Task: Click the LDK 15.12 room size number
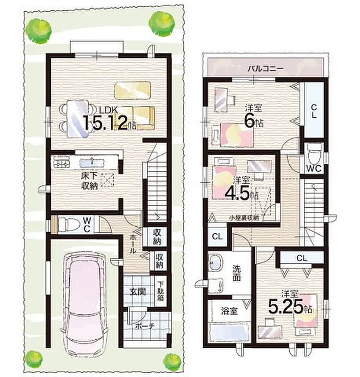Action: point(109,123)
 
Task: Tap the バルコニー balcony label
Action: point(266,69)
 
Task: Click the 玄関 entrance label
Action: point(137,292)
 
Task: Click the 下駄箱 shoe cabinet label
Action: point(160,291)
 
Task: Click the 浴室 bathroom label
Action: point(229,311)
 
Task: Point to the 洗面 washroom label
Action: point(236,273)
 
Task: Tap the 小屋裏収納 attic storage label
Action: point(243,218)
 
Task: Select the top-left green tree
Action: point(39,31)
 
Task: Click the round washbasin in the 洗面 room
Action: point(214,262)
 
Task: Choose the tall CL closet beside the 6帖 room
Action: point(313,110)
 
